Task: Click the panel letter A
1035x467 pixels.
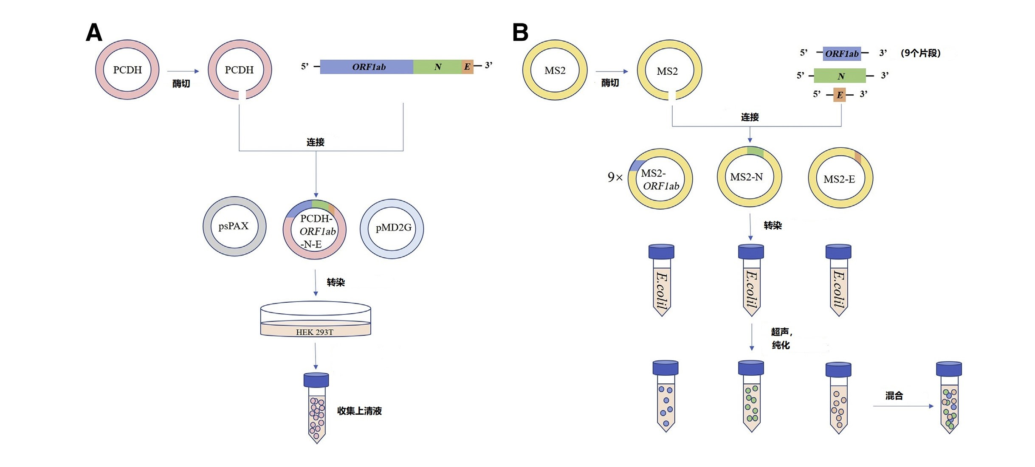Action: [x=94, y=32]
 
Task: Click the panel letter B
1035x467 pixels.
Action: [x=520, y=32]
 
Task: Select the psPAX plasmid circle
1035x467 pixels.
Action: [x=234, y=226]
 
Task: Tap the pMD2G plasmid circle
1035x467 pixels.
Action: [x=392, y=228]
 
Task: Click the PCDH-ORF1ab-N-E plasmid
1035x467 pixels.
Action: [x=315, y=230]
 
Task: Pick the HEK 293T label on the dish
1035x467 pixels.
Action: [x=315, y=332]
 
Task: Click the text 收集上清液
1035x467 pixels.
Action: [x=359, y=411]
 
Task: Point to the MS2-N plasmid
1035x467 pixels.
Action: [x=749, y=177]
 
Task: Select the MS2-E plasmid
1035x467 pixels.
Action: [x=840, y=179]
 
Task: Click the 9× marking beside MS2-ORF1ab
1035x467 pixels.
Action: [x=615, y=177]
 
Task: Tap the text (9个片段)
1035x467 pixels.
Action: [x=920, y=53]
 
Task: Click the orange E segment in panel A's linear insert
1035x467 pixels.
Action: [x=467, y=67]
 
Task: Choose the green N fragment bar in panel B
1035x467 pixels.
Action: [x=840, y=76]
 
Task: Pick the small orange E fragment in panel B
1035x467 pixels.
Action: [x=840, y=95]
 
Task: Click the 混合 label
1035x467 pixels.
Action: [x=894, y=396]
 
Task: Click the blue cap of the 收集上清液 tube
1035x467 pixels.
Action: [x=316, y=380]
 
